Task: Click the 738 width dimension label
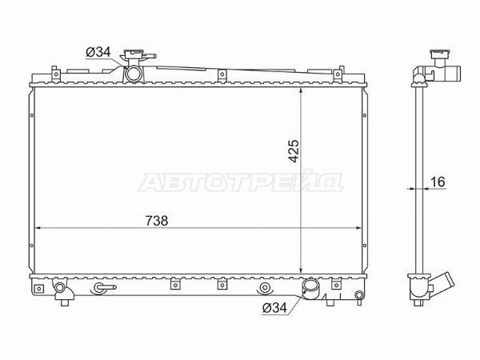pyautogui.click(x=157, y=221)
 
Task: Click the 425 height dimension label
pyautogui.click(x=294, y=151)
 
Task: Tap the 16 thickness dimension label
pyautogui.click(x=438, y=182)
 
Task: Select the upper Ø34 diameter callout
pyautogui.click(x=98, y=52)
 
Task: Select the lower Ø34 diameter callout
pyautogui.click(x=274, y=308)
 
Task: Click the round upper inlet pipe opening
pyautogui.click(x=134, y=74)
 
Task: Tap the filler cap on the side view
pyautogui.click(x=440, y=54)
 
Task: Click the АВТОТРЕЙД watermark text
pyautogui.click(x=241, y=182)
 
